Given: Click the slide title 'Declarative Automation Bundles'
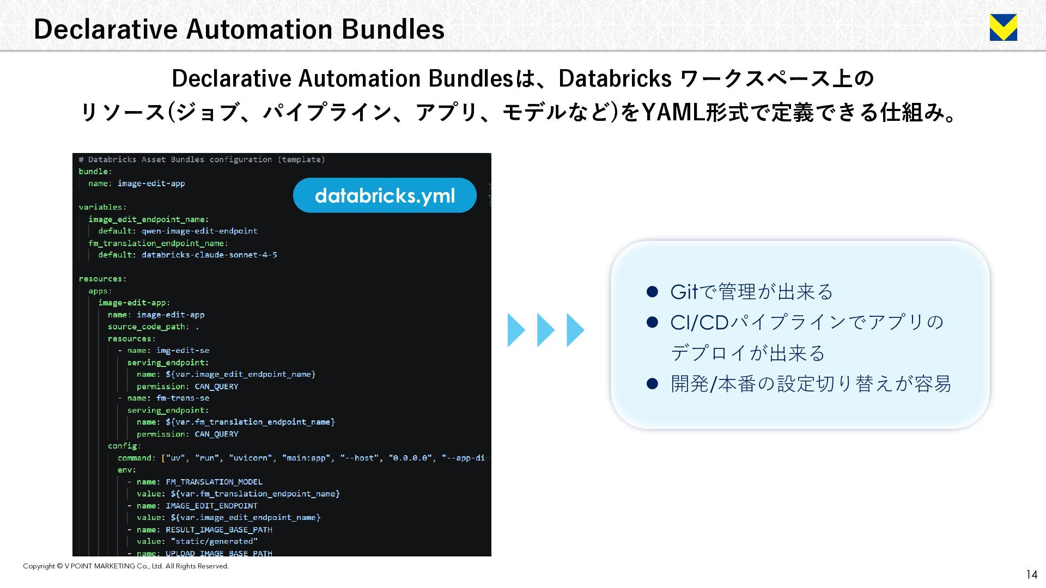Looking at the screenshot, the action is (x=239, y=29).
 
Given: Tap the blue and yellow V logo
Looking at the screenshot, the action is (x=1003, y=28).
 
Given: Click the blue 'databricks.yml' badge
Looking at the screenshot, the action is (x=385, y=195).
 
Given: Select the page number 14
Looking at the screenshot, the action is (x=1031, y=574).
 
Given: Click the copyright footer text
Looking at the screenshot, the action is (x=126, y=566).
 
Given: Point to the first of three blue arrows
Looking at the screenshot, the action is (x=516, y=330).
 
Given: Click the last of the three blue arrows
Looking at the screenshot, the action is (x=575, y=330).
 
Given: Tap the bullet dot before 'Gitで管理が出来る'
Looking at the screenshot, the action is (x=652, y=292).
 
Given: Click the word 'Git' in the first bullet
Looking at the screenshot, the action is (x=684, y=292).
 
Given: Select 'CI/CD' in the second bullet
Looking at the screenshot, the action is (x=700, y=322).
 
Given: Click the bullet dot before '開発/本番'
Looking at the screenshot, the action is (x=652, y=384).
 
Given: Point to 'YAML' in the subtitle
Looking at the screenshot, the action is (x=673, y=113).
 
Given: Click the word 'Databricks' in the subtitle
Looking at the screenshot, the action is (x=615, y=78).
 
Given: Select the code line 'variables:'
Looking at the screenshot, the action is (x=102, y=207).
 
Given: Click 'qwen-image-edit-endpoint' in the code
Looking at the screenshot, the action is (x=199, y=231).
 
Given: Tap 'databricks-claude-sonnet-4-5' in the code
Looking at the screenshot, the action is (x=209, y=255).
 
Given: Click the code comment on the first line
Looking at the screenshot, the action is (x=202, y=160).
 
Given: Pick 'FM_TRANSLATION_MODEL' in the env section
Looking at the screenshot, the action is (x=214, y=482).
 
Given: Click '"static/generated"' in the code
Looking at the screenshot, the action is (x=214, y=541).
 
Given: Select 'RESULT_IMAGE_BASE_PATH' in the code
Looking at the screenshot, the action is (x=219, y=530).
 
